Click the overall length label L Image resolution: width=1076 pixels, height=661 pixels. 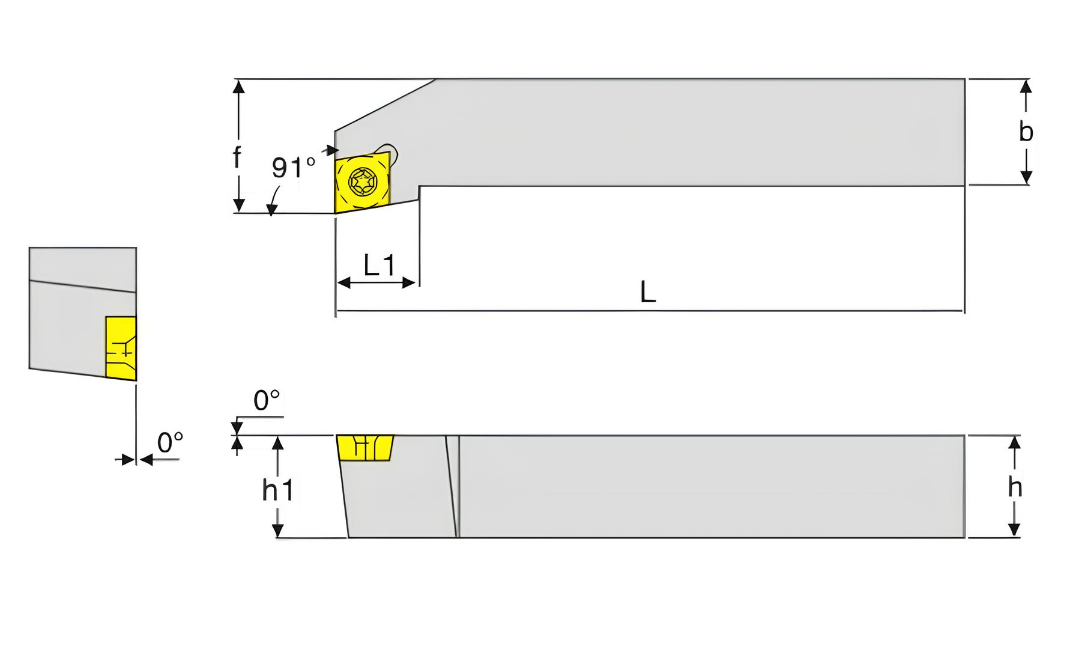tap(648, 292)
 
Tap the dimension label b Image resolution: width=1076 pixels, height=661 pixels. tap(1026, 131)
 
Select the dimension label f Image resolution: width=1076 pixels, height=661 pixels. tap(237, 157)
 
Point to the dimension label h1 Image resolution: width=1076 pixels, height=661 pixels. tap(278, 490)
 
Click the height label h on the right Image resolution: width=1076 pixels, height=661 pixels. tap(1015, 487)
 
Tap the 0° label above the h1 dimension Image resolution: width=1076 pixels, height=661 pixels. tap(267, 400)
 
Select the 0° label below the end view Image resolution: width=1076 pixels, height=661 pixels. tap(170, 443)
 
